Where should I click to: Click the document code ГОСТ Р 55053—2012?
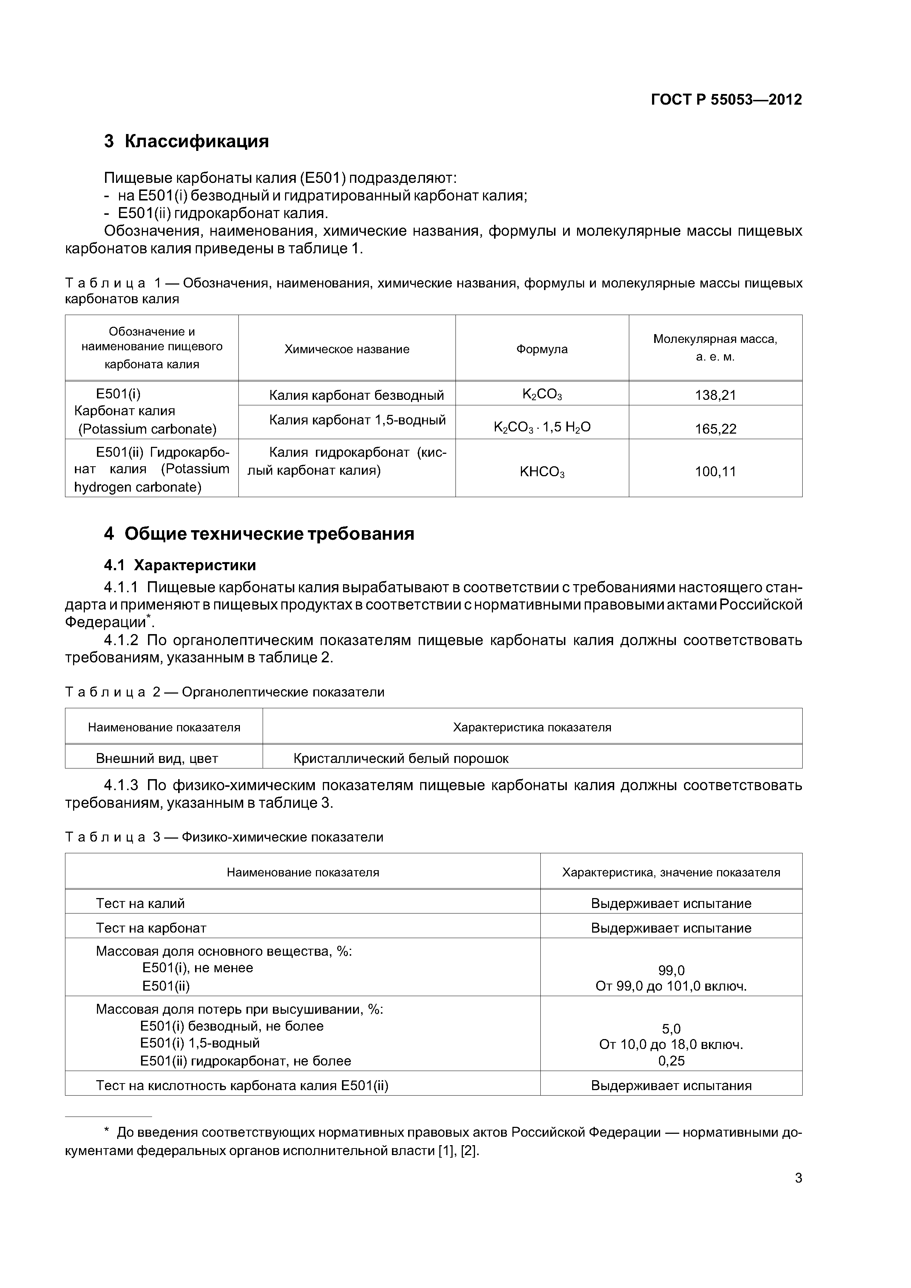(726, 100)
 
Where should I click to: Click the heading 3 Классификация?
(186, 141)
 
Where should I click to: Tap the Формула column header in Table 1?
(542, 349)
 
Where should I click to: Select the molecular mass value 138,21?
(715, 395)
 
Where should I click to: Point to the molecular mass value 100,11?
(715, 471)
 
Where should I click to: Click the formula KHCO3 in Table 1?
(542, 472)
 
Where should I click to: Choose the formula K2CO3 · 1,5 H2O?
(542, 427)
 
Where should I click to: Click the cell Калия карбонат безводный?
(356, 395)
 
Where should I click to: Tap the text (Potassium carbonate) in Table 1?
(147, 429)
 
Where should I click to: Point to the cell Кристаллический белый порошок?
(401, 759)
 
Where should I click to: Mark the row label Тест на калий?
(140, 903)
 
